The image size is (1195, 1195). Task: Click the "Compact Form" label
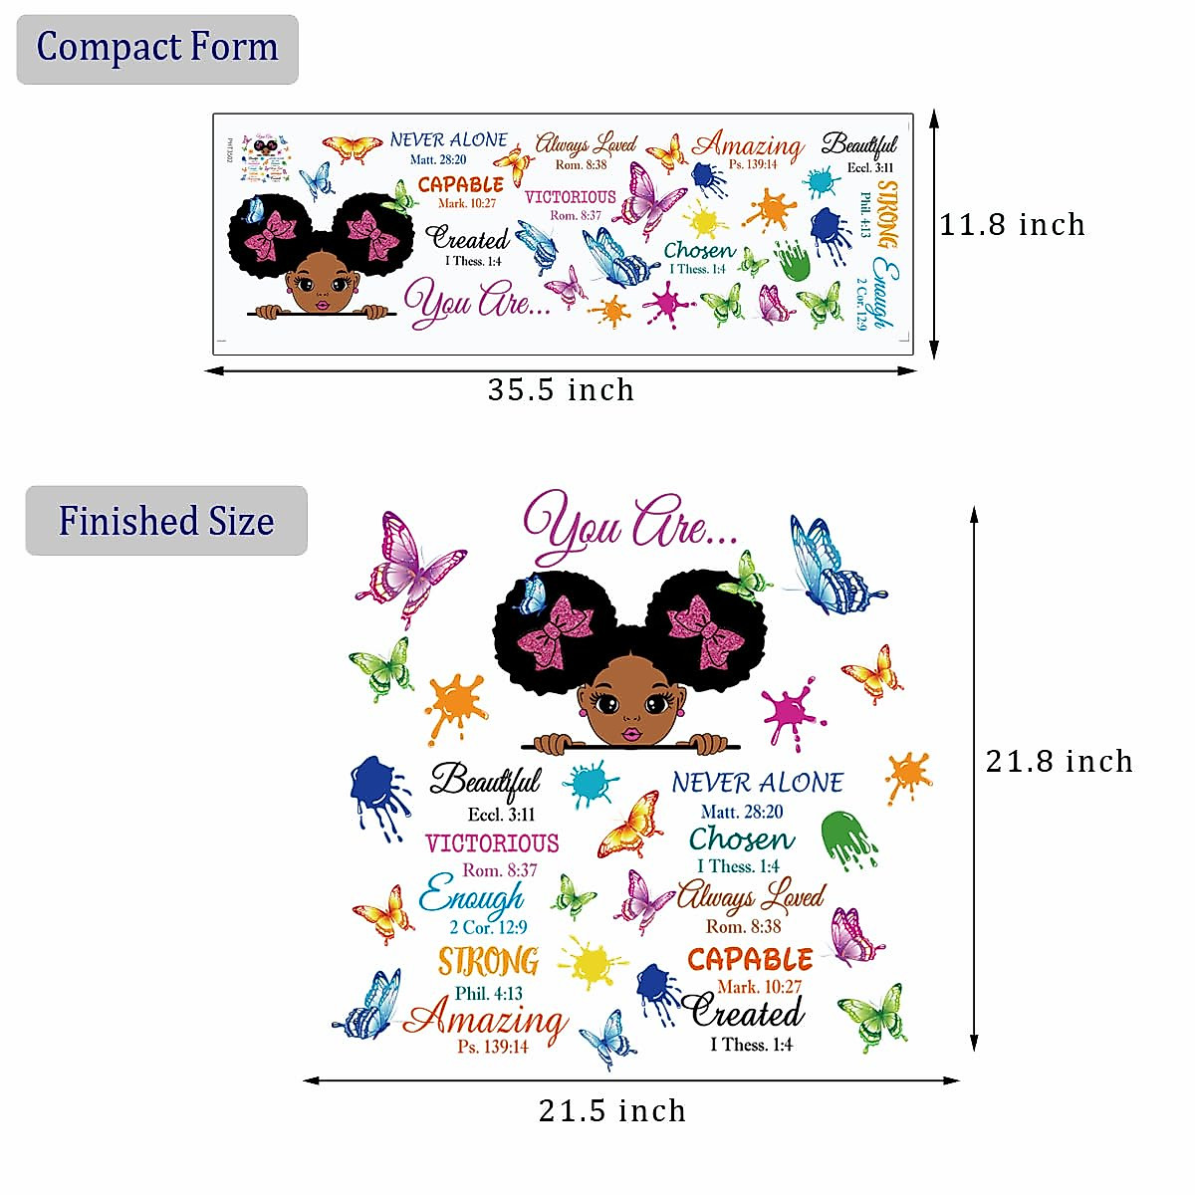coord(157,48)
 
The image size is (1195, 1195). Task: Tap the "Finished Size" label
coord(166,521)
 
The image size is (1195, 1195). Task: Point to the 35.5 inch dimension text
coord(561,389)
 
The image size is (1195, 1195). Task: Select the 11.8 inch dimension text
coord(1012,225)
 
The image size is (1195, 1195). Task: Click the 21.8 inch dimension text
coord(1059,762)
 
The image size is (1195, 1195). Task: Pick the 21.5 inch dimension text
coord(612,1110)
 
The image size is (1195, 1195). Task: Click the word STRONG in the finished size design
coord(489,961)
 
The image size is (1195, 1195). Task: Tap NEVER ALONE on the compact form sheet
coord(448,140)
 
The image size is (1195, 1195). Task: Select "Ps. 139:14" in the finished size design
coord(493,1047)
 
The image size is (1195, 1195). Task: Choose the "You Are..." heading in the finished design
coord(629,528)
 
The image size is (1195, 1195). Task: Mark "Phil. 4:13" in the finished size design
coord(488,993)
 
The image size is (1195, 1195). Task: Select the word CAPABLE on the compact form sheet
coord(460,184)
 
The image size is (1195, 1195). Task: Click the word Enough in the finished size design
coord(472,897)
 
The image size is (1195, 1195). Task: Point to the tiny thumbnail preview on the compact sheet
coord(264,158)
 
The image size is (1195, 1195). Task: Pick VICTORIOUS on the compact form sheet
coord(571,197)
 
